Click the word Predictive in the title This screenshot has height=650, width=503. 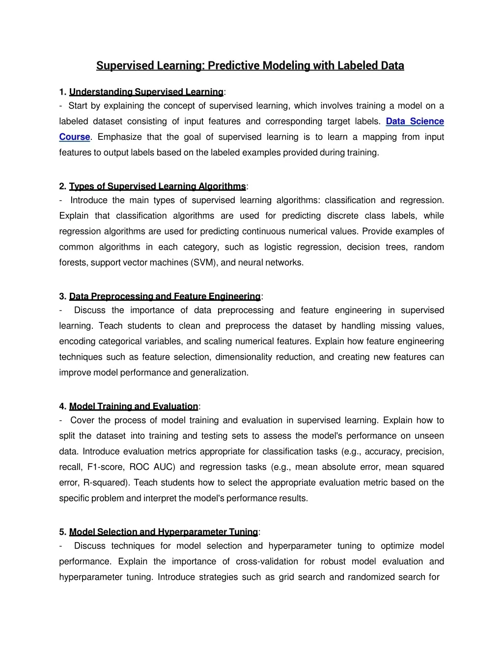[233, 66]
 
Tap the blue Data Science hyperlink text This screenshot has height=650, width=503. [415, 121]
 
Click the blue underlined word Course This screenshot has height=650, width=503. [75, 137]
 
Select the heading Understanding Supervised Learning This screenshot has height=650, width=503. [146, 92]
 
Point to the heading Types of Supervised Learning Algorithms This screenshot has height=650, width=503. [157, 186]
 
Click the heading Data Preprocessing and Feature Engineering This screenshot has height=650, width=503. [165, 296]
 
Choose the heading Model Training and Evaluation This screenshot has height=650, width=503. [134, 406]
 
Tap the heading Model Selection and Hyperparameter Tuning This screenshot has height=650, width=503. [163, 532]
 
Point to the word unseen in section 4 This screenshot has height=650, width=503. [429, 436]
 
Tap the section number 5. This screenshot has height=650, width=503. [62, 532]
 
